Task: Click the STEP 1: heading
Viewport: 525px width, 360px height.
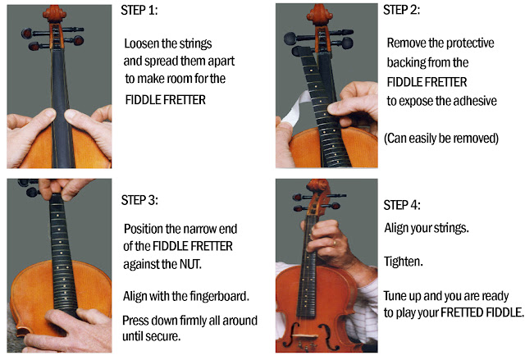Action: (x=139, y=11)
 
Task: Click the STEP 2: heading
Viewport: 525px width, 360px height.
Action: (x=401, y=10)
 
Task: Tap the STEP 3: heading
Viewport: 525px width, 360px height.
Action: (x=139, y=200)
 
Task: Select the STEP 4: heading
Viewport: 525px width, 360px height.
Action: (x=402, y=205)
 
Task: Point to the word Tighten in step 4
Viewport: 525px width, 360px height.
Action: (x=403, y=262)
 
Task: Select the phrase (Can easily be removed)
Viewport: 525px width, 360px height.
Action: (x=441, y=139)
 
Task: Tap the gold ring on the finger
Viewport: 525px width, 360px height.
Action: (x=334, y=243)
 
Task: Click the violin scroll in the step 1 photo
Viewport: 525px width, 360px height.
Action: (x=53, y=13)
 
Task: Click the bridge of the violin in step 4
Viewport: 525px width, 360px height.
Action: (x=304, y=336)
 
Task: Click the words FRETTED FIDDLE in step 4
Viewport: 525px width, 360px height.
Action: (x=482, y=312)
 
